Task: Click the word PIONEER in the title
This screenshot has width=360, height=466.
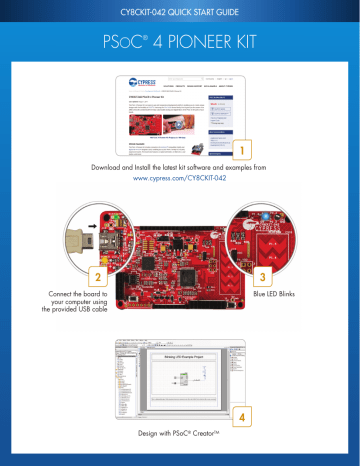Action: point(207,46)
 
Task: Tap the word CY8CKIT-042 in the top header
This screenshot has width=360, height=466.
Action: point(125,12)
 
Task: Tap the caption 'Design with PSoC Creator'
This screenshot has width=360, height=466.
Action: point(180,438)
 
